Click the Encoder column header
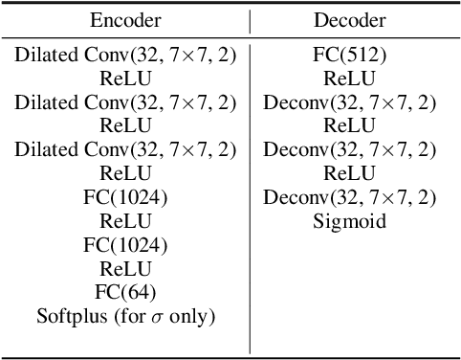[x=125, y=20]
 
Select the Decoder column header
[x=348, y=20]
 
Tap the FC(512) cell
[x=349, y=55]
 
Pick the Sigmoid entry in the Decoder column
[x=348, y=221]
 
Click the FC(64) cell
[x=125, y=292]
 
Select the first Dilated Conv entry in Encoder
[x=125, y=55]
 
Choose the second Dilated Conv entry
[x=125, y=102]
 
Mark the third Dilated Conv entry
[x=125, y=149]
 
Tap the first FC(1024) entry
[x=125, y=197]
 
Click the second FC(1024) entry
[x=125, y=245]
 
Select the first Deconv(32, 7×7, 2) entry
[x=349, y=102]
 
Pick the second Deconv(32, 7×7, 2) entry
[x=349, y=149]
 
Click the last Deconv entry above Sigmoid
[x=349, y=197]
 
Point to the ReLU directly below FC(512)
[x=348, y=79]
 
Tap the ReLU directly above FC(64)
[x=125, y=269]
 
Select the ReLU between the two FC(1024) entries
[x=125, y=221]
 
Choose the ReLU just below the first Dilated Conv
[x=125, y=79]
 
